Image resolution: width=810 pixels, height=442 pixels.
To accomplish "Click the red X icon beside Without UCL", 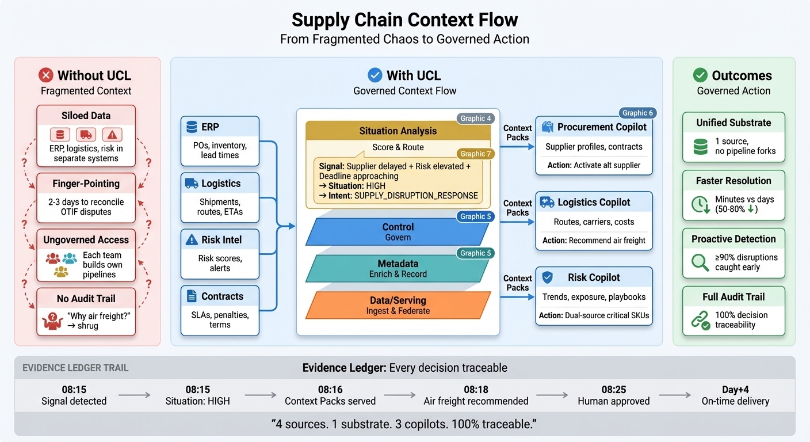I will point(45,75).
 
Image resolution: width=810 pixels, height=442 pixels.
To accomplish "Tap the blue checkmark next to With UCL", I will point(375,75).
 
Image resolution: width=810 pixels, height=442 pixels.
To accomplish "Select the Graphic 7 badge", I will point(476,154).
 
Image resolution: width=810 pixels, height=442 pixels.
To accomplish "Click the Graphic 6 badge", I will point(638,113).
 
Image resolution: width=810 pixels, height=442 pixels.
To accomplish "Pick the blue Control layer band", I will point(398,231).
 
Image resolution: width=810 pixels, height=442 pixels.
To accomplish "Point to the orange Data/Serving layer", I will point(398,305).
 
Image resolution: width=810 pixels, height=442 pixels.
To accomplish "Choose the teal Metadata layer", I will point(398,268).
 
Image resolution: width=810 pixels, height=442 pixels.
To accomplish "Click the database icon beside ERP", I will point(192,127).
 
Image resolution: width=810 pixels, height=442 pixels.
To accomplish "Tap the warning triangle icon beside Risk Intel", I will point(192,240).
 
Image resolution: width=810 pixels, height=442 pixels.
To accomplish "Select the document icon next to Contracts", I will point(192,296).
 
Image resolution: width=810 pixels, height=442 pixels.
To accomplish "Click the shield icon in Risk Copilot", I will point(548,277).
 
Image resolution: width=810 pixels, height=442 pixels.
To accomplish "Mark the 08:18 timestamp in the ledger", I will point(476,389).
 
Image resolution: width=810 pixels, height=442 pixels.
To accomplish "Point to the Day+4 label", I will point(735,389).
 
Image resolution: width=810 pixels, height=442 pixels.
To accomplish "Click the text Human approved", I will point(614,401).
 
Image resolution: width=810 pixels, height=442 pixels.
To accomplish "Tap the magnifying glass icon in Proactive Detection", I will point(700,262).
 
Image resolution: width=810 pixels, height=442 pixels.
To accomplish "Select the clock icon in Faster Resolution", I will point(700,204).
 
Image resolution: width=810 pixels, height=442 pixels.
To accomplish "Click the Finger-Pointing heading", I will point(86,184).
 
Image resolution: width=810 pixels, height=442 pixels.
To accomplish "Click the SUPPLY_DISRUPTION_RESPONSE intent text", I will point(416,196).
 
